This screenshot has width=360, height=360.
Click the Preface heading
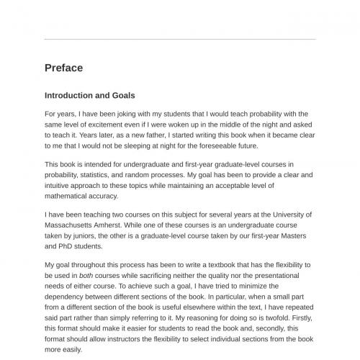[x=63, y=68]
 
